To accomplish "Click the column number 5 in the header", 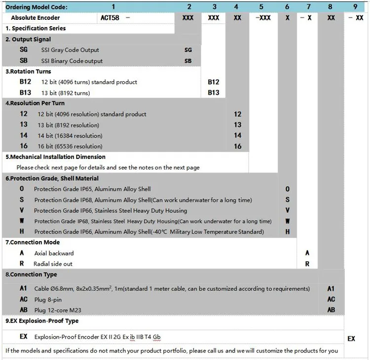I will coord(261,6).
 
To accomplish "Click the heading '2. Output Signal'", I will coord(28,39).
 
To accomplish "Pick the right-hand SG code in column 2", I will coord(188,50).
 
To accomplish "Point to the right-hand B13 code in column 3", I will coord(213,92).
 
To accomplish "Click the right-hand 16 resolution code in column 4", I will coord(238,146).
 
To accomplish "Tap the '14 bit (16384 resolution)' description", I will coord(70,135).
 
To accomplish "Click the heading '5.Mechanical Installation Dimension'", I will coord(55,157).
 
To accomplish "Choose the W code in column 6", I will coord(288,221).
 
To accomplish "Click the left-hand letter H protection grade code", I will coord(22,232).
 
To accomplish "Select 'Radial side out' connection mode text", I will coord(53,264).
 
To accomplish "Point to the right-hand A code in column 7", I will coord(307,253).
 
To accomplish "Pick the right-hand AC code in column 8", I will coord(331,299).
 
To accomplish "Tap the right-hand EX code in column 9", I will coord(351,339).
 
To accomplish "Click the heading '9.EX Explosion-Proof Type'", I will coord(42,321).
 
